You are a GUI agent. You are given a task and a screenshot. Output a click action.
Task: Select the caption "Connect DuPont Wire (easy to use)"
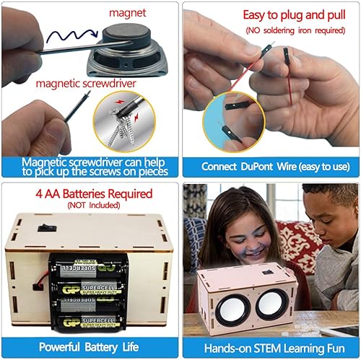point(271,167)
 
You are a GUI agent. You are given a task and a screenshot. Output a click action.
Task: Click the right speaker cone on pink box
point(274,298)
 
